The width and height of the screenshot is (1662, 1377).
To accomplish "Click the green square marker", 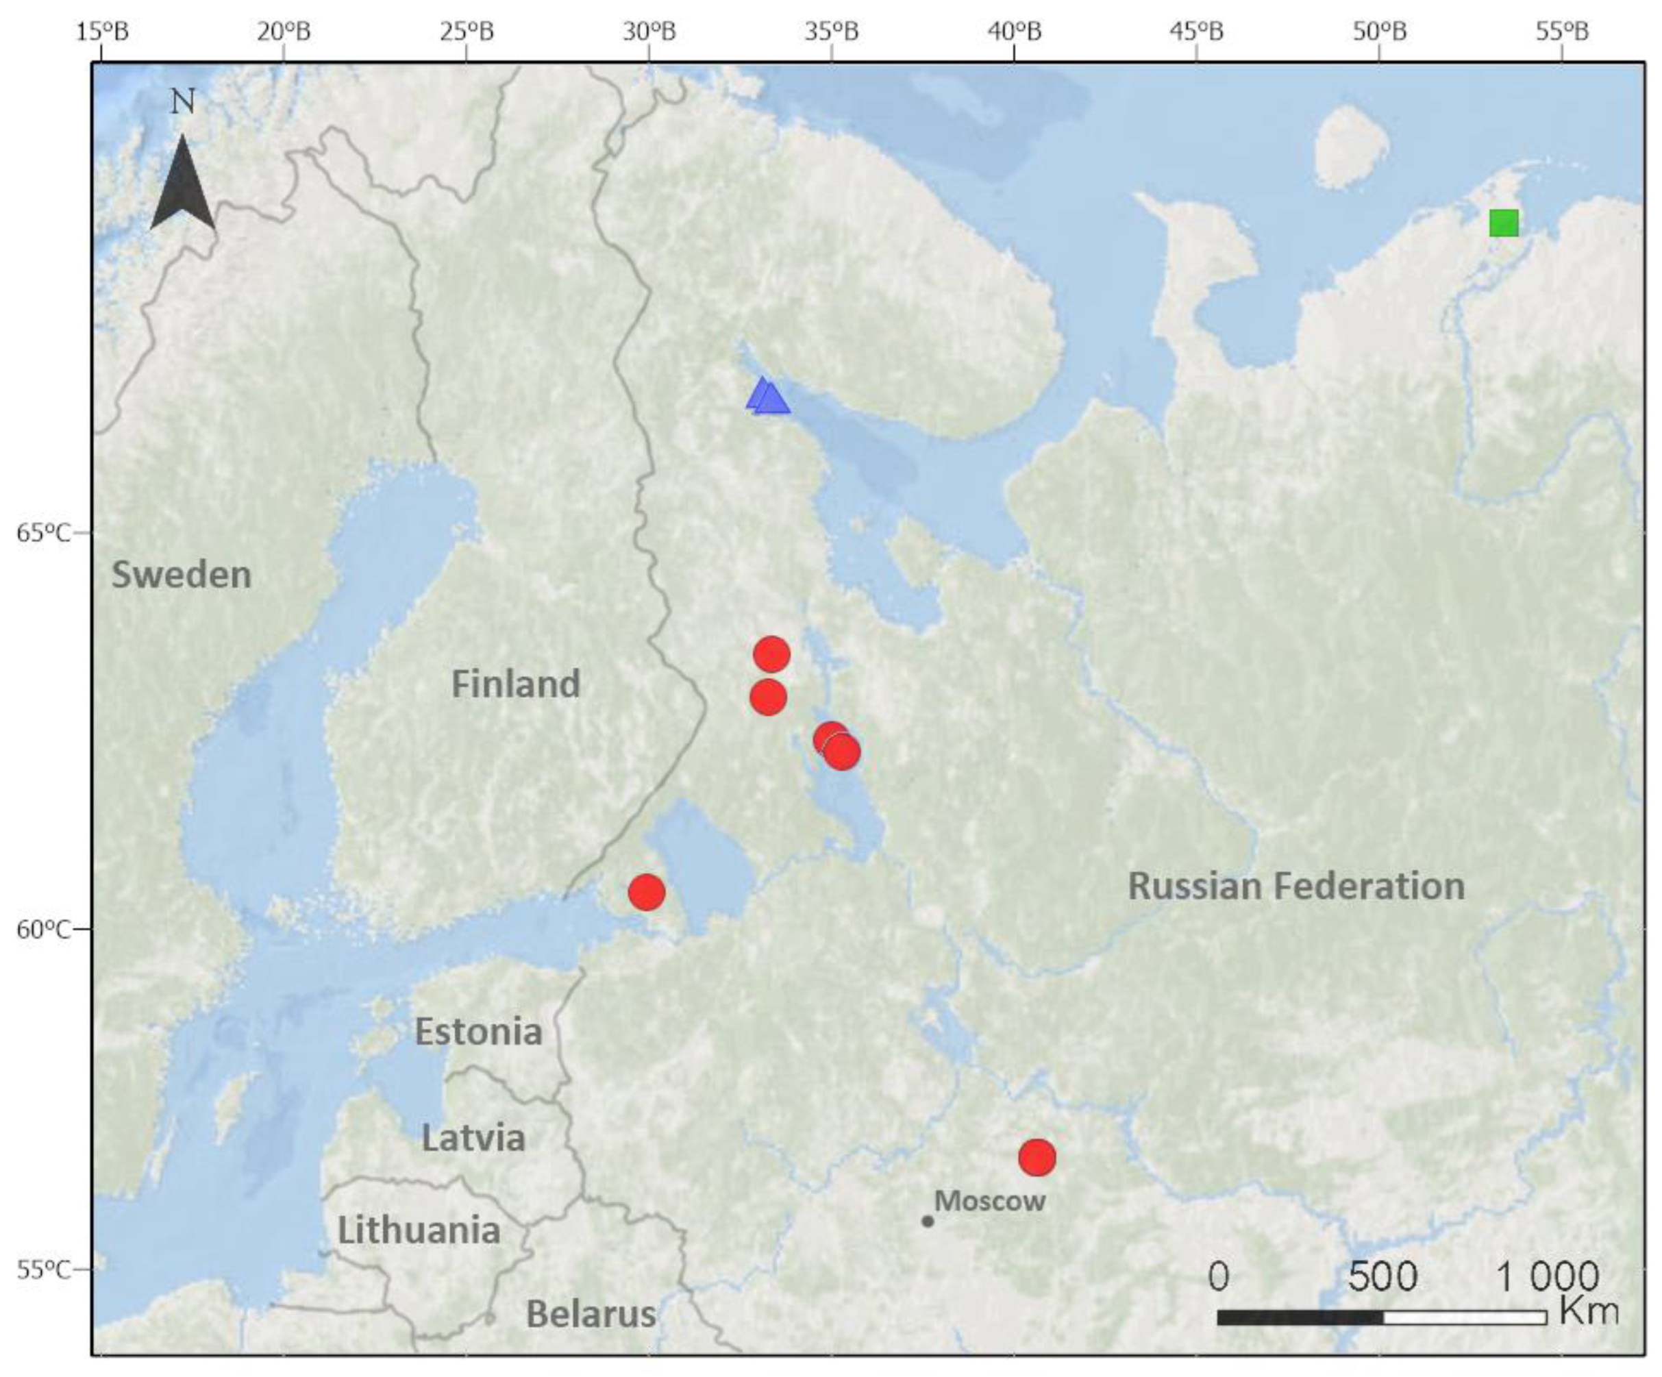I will point(1504,223).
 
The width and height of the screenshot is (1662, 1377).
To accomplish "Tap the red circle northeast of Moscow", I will point(1037,1158).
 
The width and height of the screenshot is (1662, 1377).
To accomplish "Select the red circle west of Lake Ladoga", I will point(646,892).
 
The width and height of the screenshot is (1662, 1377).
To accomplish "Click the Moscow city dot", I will point(928,1221).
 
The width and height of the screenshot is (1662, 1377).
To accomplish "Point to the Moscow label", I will point(990,1200).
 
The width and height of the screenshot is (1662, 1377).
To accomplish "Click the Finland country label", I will point(515,684).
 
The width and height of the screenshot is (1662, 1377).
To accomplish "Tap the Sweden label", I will point(182,575).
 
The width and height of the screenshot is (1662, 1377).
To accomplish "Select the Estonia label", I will point(479,1032).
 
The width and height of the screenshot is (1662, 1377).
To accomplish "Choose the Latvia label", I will point(473,1138).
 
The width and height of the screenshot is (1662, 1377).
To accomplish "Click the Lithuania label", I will point(419,1230).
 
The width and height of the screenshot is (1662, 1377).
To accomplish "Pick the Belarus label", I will point(591,1315).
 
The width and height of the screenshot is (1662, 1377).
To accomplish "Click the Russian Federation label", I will point(1295,886).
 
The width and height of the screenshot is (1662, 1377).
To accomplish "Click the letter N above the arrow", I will point(183,101).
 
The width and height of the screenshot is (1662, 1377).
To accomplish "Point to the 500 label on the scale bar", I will point(1382,1276).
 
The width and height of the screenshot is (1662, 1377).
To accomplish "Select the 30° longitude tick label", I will point(649,32).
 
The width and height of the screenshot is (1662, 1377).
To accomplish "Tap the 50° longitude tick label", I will point(1380,32).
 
